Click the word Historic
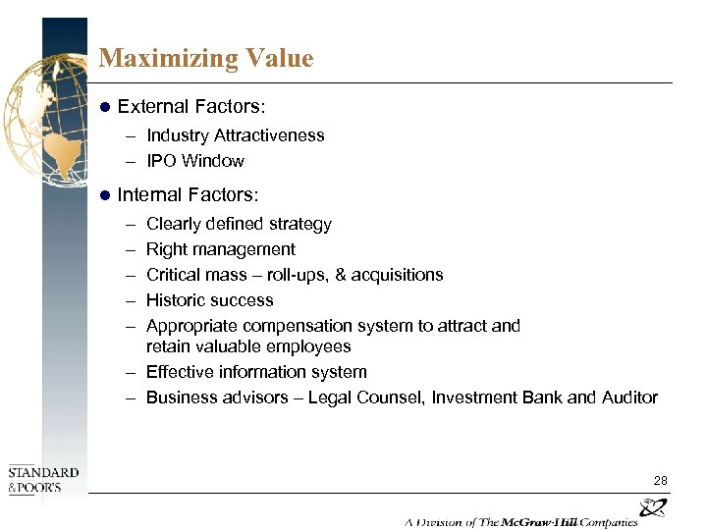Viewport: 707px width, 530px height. [176, 300]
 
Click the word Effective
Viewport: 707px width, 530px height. [178, 372]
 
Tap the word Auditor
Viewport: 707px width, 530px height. [629, 397]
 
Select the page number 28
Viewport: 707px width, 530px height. [660, 480]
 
